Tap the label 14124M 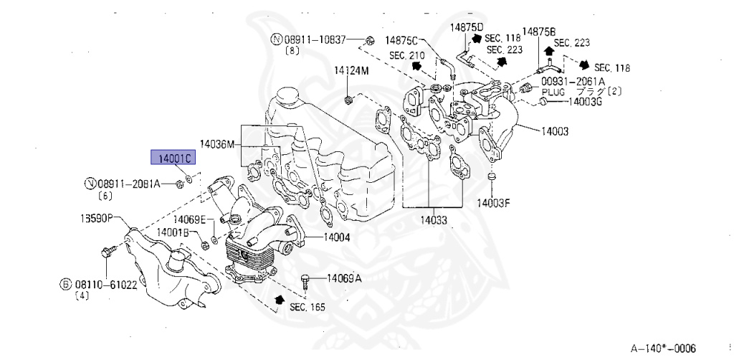coord(351,71)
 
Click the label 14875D coord(467,27)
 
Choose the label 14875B coord(538,32)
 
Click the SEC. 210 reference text coord(407,55)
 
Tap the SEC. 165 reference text coord(307,307)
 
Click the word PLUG coord(553,92)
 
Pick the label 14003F coord(494,203)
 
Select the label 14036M coord(217,143)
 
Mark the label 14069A coord(345,278)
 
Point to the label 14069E coord(192,219)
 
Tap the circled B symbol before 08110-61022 coord(65,284)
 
